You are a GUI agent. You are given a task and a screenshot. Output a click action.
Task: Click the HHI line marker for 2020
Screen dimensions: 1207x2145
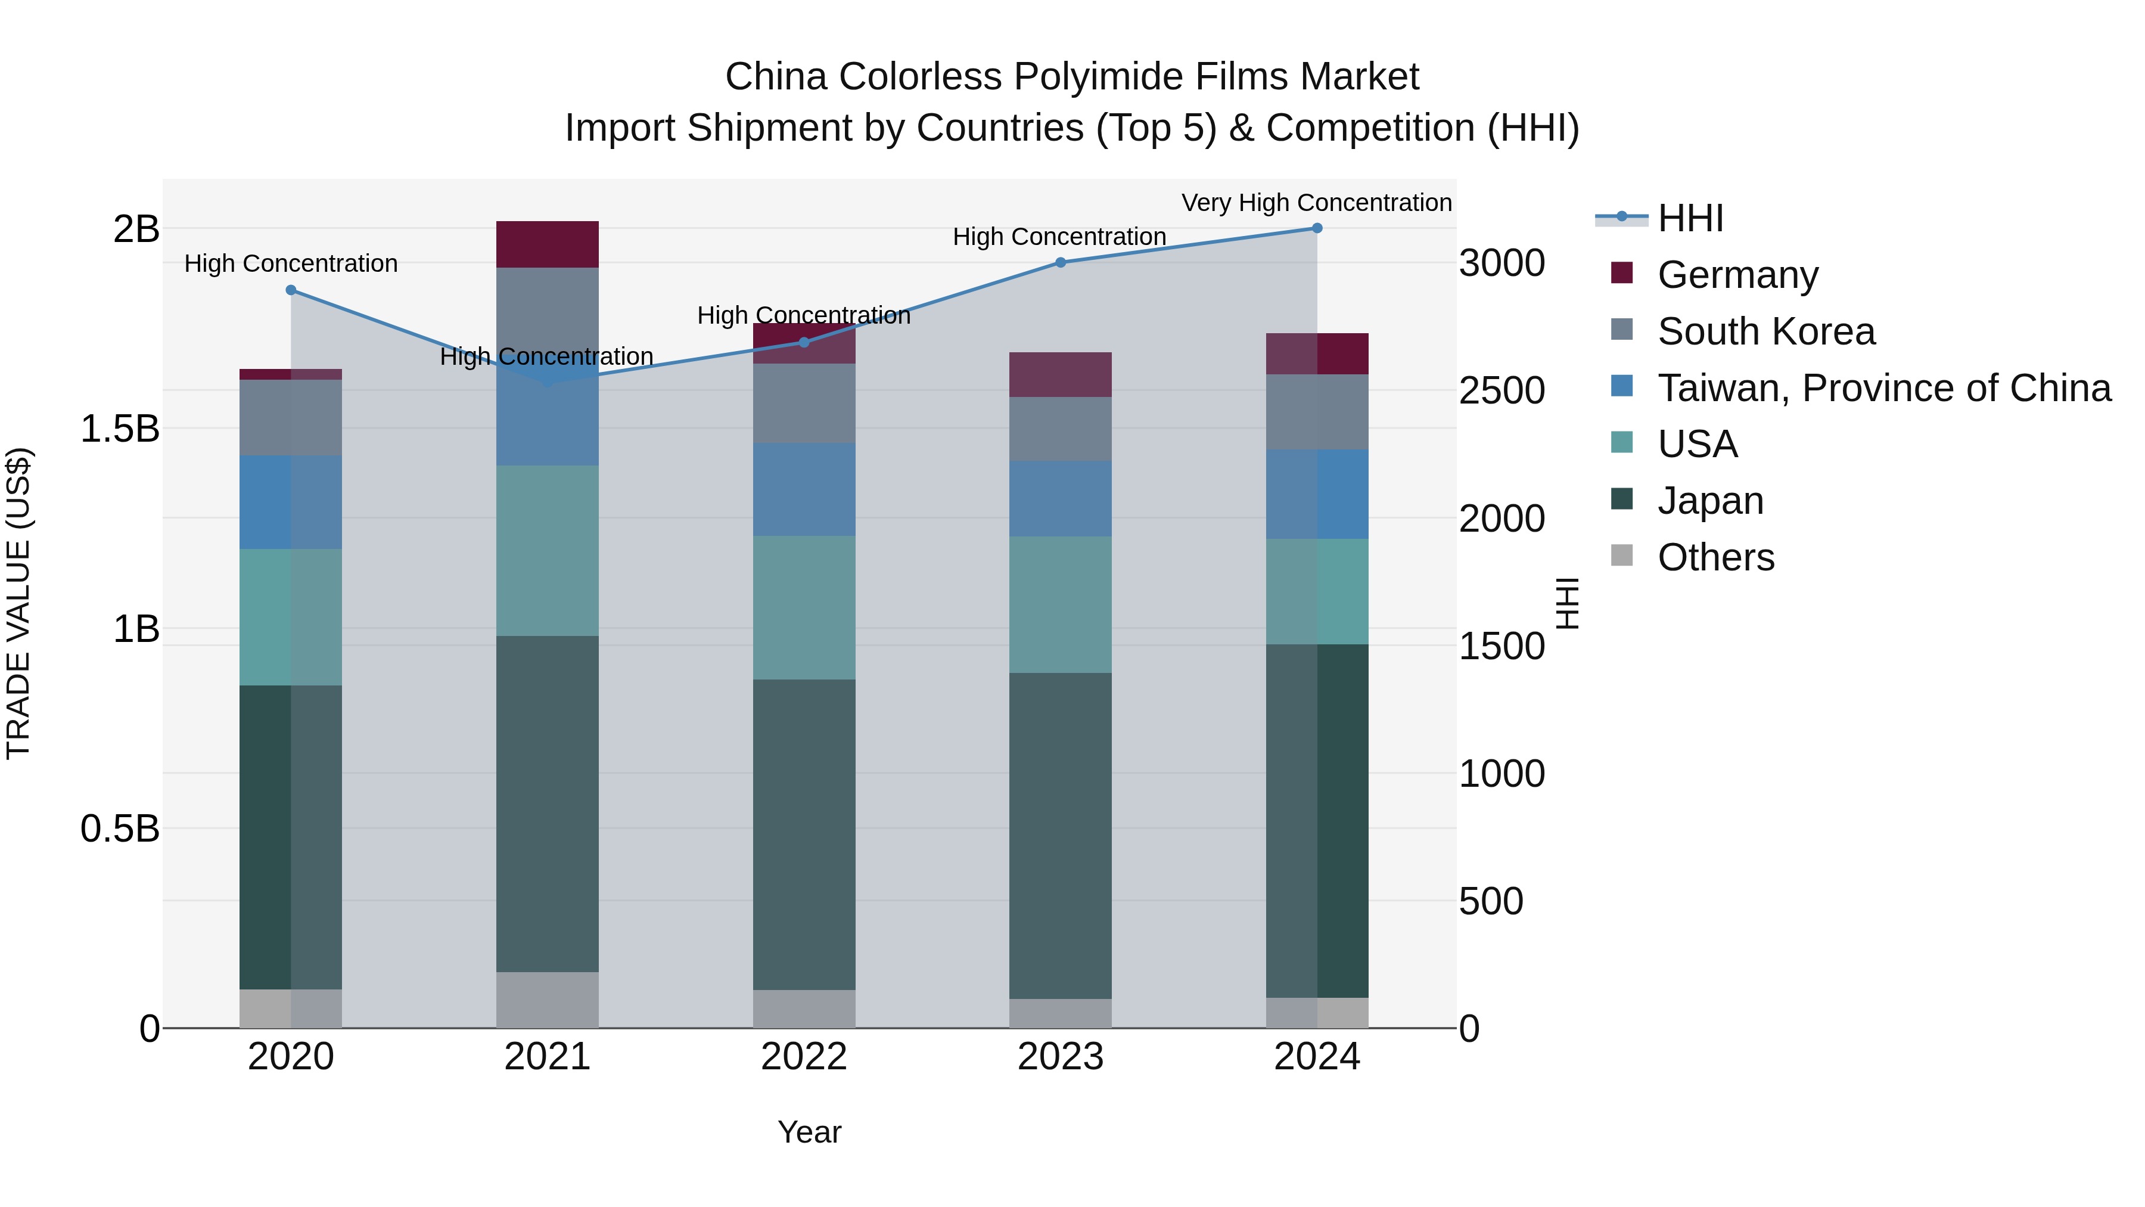pos(291,290)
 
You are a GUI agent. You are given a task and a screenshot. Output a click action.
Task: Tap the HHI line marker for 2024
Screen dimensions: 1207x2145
pos(1316,228)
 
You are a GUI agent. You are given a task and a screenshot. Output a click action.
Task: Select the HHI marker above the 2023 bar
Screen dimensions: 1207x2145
pos(1060,262)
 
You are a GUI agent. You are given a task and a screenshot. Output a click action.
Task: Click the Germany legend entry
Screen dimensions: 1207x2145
pos(1737,274)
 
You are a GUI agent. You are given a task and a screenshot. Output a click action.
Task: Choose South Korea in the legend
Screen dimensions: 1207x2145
pos(1765,331)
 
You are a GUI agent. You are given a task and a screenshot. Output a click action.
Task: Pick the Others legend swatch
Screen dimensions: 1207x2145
pos(1621,556)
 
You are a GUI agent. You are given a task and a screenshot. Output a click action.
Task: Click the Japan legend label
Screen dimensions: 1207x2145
pos(1710,501)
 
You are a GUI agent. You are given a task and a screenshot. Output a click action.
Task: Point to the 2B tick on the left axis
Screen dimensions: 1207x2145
pos(136,229)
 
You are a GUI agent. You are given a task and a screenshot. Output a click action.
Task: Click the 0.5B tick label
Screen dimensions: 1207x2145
pos(120,829)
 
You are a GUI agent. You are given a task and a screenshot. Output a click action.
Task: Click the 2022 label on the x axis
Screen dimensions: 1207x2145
pos(804,1057)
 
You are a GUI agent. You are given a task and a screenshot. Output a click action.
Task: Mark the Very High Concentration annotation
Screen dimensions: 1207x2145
pos(1316,203)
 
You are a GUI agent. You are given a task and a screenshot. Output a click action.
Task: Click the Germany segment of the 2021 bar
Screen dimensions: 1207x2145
pos(547,244)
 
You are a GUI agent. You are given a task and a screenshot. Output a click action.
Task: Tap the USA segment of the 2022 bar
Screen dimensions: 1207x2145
pos(804,607)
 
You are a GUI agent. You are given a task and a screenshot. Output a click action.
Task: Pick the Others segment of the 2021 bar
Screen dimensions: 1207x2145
pos(547,1000)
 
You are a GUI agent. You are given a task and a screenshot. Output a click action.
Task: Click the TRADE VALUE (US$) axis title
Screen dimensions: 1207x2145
pos(18,603)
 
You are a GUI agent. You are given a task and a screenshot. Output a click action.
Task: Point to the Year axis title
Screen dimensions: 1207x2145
pos(809,1132)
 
